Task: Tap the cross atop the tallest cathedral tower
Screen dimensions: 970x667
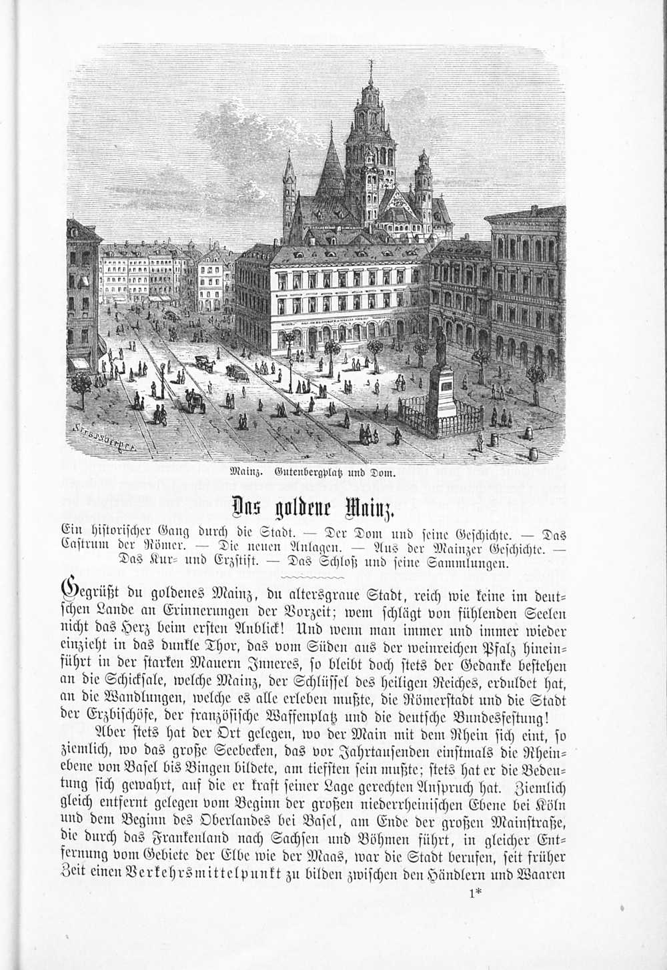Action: pos(371,65)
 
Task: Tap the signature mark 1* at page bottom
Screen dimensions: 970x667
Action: pos(474,895)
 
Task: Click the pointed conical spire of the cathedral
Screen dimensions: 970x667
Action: pos(330,167)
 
